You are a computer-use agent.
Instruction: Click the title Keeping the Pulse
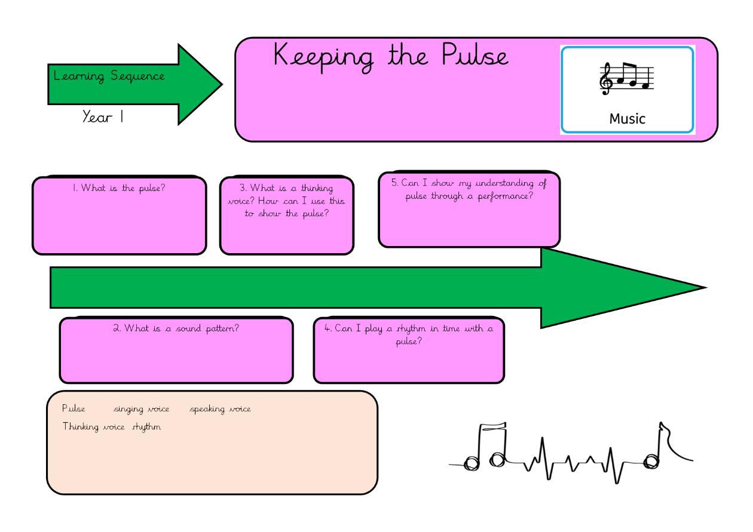(391, 57)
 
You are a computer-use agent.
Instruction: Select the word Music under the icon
(627, 119)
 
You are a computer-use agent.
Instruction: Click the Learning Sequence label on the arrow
(109, 76)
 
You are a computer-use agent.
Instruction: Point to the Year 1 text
(103, 117)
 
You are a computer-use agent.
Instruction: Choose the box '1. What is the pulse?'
(120, 216)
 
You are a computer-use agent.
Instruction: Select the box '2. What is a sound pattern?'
(176, 350)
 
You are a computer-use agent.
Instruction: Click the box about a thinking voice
(286, 215)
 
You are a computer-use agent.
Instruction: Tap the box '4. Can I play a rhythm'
(409, 350)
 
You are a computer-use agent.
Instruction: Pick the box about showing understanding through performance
(469, 210)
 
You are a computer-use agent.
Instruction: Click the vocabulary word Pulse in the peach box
(74, 409)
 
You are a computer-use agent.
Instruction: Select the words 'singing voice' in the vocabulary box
(141, 409)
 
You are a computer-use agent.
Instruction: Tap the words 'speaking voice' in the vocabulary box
(220, 409)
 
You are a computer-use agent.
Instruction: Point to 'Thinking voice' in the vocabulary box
(93, 427)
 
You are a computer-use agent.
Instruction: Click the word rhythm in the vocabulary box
(146, 427)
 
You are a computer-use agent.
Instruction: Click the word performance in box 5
(504, 196)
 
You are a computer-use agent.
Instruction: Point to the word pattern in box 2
(222, 328)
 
